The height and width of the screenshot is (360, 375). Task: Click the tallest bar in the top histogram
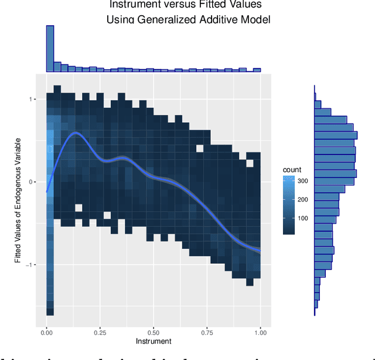click(x=50, y=49)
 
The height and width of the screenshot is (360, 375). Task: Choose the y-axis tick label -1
click(x=33, y=265)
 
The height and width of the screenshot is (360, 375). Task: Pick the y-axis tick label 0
click(x=35, y=182)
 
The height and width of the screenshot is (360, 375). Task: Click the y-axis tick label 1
click(x=35, y=100)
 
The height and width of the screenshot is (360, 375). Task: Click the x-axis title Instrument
click(x=154, y=341)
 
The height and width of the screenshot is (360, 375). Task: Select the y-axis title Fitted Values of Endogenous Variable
click(x=18, y=200)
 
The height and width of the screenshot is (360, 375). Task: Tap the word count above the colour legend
click(x=292, y=170)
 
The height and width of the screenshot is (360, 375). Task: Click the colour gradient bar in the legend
click(x=288, y=205)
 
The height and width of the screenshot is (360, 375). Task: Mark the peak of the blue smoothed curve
click(x=75, y=133)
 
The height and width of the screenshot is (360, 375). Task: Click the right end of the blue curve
click(x=260, y=251)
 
